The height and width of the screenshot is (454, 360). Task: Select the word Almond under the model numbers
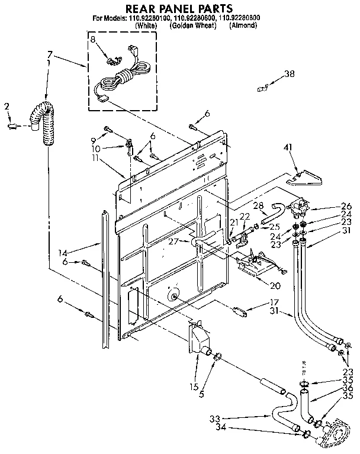pos(243,25)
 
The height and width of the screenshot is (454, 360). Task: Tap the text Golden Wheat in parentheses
pos(192,25)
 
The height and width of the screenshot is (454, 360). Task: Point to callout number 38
pos(289,74)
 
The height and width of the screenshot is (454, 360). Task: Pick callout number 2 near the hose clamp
pos(7,107)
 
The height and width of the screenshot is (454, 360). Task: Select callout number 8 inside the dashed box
pos(93,39)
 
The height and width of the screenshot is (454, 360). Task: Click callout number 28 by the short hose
pos(258,205)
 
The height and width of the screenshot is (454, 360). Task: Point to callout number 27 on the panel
pos(174,241)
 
